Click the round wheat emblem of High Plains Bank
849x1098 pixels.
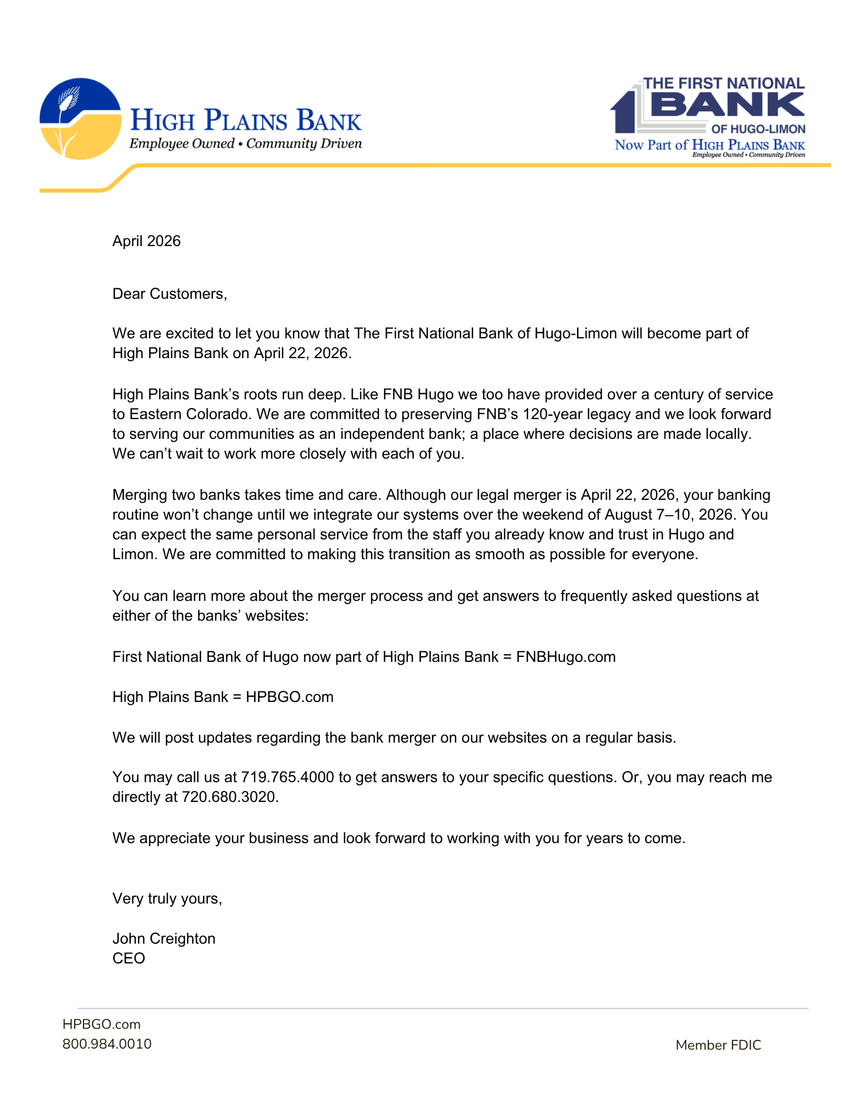tap(80, 119)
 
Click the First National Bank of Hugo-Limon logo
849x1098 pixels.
tap(708, 117)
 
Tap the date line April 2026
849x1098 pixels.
tap(146, 241)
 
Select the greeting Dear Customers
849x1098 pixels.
tap(169, 294)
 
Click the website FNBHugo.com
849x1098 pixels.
tap(565, 657)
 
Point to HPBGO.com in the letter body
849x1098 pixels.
tap(289, 697)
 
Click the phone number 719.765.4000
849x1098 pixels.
tap(287, 777)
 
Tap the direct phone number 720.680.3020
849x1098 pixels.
tap(230, 797)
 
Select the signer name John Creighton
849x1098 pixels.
tap(164, 939)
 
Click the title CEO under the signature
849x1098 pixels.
tap(129, 958)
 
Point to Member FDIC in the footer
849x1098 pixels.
tap(718, 1045)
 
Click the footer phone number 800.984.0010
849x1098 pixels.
tap(107, 1044)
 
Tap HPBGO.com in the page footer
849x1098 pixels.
tap(101, 1024)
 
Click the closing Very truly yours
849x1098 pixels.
tap(167, 899)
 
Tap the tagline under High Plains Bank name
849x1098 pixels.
tap(245, 144)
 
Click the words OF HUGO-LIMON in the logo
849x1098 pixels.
tap(758, 129)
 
